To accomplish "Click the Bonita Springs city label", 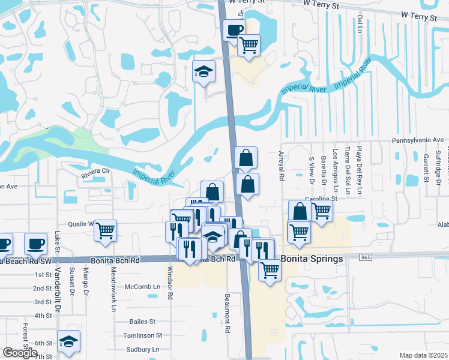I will [312, 259].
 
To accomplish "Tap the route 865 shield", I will [365, 257].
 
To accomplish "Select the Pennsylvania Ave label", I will [412, 139].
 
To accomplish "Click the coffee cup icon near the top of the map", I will [234, 29].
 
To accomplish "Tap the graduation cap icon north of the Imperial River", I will [203, 72].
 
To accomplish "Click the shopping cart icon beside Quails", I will [105, 230].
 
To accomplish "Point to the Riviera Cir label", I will [97, 171].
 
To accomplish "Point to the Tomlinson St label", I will [142, 335].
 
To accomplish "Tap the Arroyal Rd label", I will [281, 164].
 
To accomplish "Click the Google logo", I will [20, 353].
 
